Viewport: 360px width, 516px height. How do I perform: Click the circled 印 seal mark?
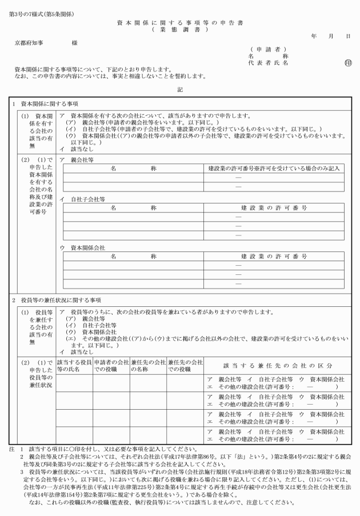click(x=348, y=63)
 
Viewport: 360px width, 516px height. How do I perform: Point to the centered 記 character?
click(x=180, y=89)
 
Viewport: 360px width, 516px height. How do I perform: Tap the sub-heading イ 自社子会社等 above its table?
click(x=82, y=199)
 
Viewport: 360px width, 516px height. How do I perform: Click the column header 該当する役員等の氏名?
click(x=74, y=365)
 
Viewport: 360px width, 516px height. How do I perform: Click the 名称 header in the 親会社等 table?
click(x=134, y=170)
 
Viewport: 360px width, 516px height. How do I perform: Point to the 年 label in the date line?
click(x=314, y=36)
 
